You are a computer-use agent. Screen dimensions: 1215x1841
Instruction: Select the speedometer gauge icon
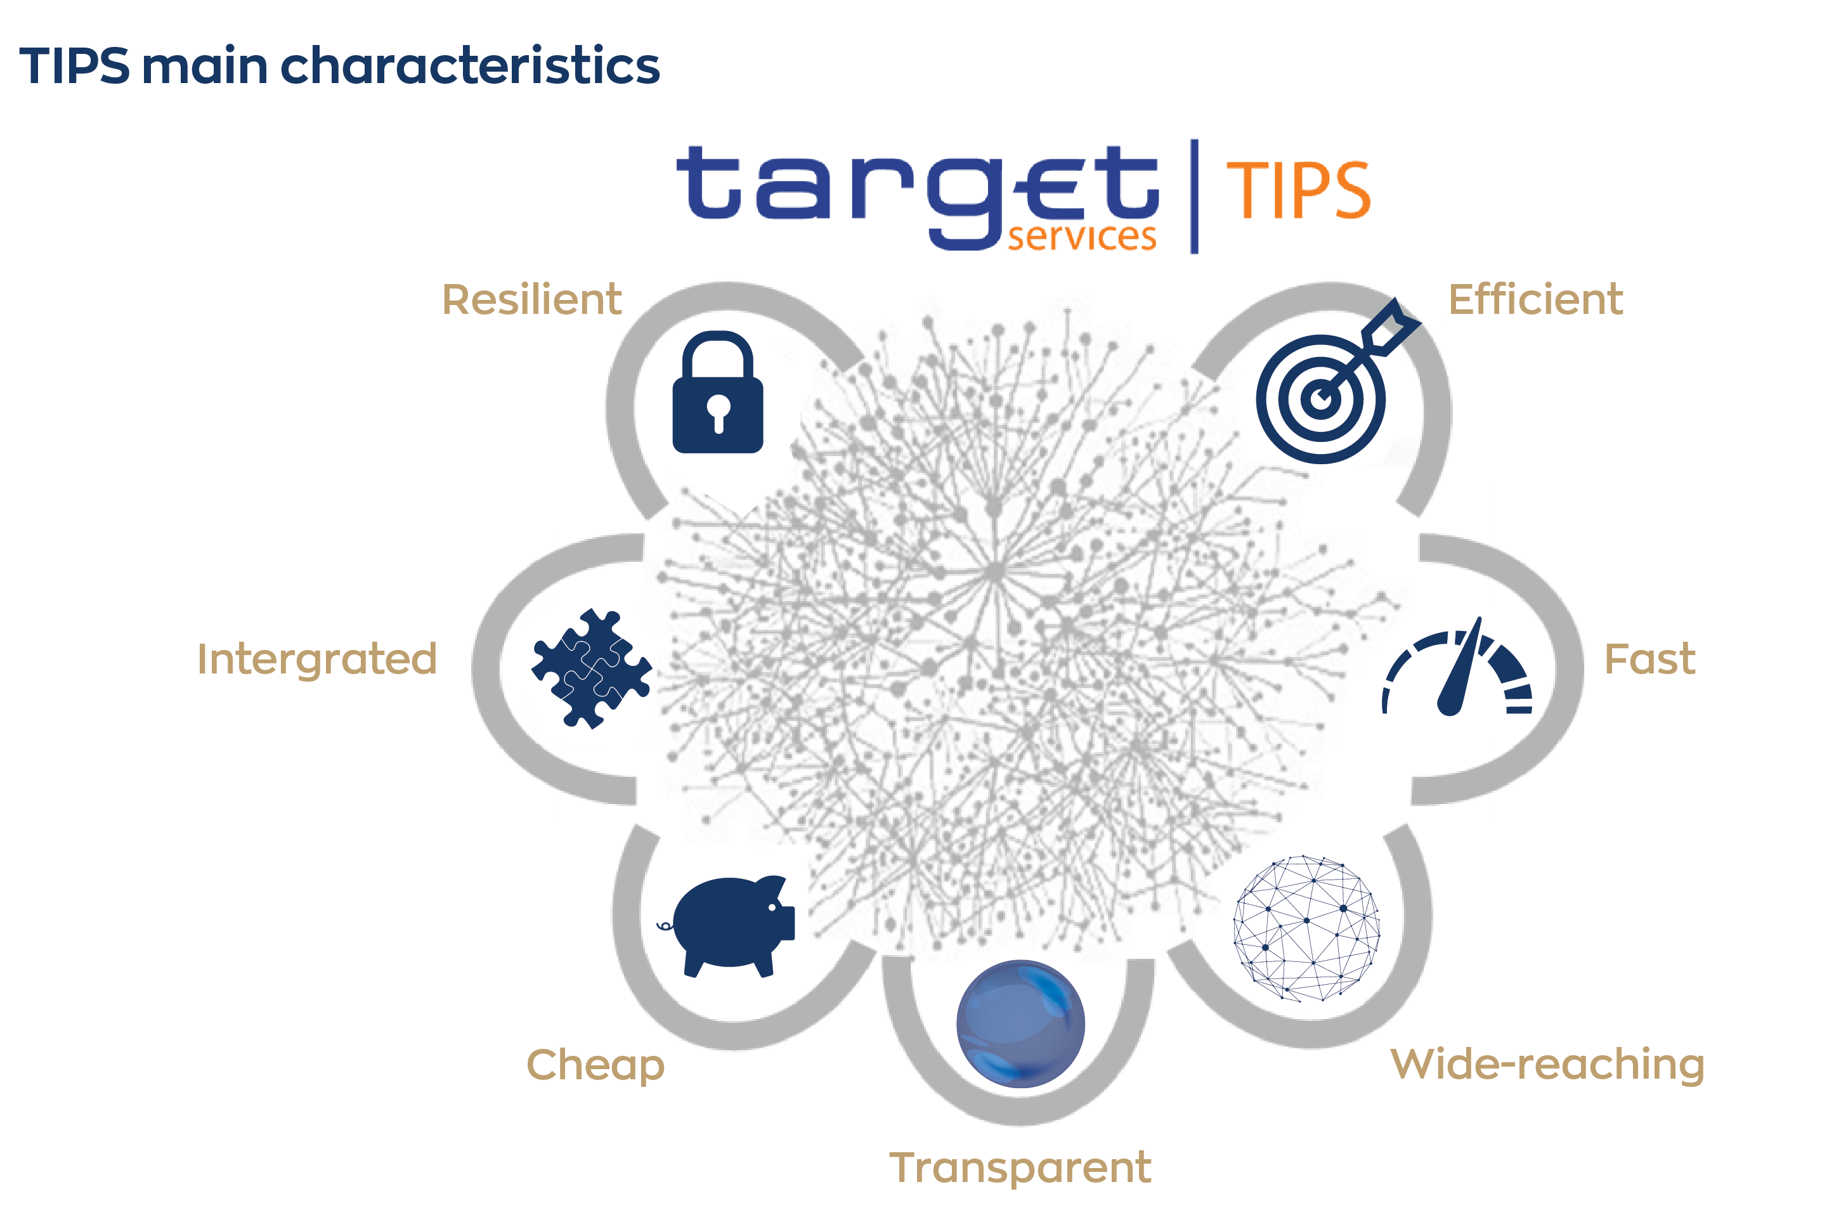pos(1457,671)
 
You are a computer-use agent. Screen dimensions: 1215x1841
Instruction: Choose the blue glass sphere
pos(1020,1023)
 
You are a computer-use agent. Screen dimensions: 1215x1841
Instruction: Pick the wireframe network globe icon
pos(1306,928)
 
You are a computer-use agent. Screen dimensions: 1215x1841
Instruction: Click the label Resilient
pos(531,300)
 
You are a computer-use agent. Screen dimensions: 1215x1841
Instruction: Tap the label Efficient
pos(1535,300)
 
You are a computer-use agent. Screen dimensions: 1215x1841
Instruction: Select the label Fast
pos(1649,659)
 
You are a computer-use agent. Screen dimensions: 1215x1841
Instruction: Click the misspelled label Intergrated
pos(317,660)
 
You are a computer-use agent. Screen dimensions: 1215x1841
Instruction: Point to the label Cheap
pos(595,1065)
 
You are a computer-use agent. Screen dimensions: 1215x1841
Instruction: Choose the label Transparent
pos(1020,1167)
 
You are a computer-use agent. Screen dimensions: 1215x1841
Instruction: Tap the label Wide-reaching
pos(1547,1065)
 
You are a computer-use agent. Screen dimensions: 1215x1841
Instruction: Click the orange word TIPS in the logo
pos(1298,191)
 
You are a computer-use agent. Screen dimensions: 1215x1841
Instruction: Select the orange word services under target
pos(1082,237)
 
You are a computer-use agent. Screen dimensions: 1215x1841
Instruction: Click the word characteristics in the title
pos(469,66)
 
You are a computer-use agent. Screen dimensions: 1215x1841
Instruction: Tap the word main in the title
pos(205,66)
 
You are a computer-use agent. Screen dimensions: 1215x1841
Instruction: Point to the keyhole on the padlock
pos(719,412)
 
